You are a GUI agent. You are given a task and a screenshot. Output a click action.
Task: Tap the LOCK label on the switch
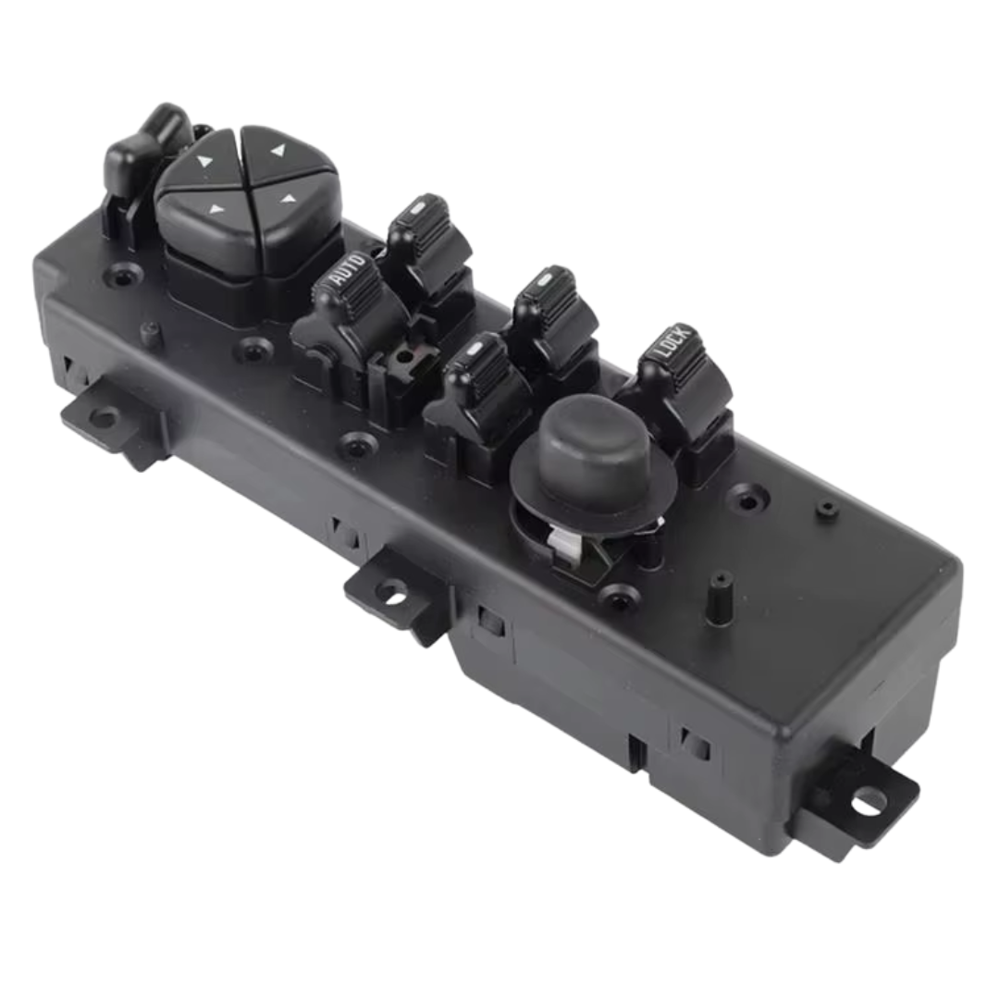pos(672,340)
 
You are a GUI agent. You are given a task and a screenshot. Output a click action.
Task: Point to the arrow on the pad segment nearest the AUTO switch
pos(290,200)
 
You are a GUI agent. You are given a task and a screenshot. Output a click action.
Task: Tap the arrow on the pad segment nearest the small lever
pos(203,161)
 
